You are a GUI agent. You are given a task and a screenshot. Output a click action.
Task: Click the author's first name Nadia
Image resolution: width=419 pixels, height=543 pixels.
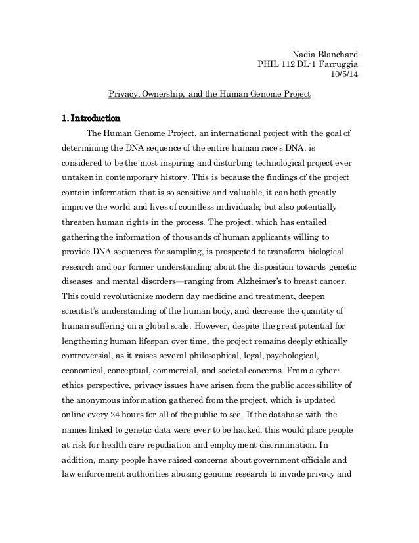point(303,54)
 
